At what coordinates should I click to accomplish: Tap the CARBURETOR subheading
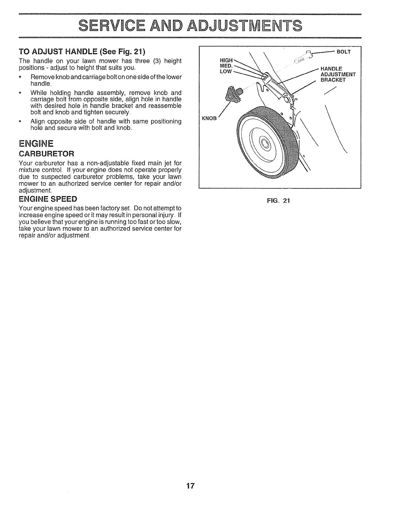[47, 153]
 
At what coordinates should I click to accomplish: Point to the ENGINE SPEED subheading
[48, 199]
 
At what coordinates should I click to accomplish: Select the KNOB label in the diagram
[209, 118]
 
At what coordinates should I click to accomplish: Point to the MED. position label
[226, 66]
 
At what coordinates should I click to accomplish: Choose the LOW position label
[226, 71]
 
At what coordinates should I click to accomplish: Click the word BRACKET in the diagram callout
[333, 80]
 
